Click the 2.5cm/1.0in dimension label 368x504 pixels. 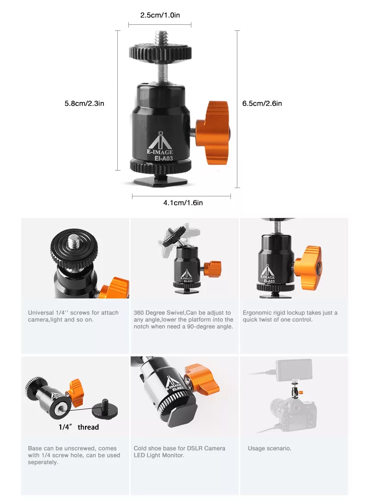click(160, 15)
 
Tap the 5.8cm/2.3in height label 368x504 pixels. click(84, 103)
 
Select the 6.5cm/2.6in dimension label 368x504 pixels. click(262, 103)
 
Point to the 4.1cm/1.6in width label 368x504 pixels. click(183, 202)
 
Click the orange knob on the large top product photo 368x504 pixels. click(213, 132)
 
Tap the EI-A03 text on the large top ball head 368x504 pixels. click(164, 158)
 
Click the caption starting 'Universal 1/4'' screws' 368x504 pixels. click(73, 316)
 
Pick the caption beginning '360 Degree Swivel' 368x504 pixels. click(183, 320)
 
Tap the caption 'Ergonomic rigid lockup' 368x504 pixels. click(290, 316)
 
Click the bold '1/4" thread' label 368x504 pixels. click(79, 427)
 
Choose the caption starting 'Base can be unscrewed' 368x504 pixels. click(74, 455)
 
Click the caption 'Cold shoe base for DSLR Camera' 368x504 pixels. click(179, 452)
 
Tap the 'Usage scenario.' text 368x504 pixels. click(270, 448)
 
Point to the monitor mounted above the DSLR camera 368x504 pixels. click(294, 370)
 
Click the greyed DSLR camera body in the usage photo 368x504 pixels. click(293, 413)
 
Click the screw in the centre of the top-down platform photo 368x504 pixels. click(74, 241)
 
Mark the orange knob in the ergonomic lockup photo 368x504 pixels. click(308, 267)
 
